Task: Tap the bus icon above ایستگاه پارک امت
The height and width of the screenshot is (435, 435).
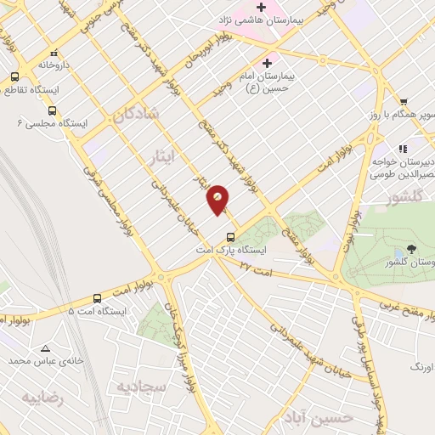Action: (x=229, y=237)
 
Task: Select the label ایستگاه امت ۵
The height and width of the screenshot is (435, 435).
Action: (x=99, y=312)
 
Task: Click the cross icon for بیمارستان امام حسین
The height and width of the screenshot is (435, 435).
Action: (x=268, y=63)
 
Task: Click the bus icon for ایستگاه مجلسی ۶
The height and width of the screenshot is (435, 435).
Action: (x=53, y=110)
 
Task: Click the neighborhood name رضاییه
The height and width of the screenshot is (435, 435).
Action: (x=42, y=397)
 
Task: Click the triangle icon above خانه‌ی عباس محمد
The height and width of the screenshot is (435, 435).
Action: (x=46, y=348)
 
